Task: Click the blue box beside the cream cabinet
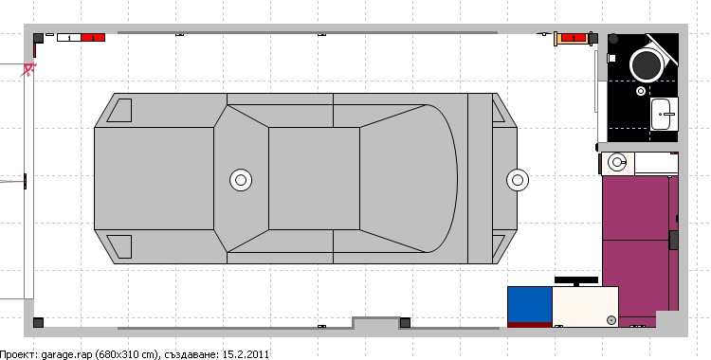(x=530, y=304)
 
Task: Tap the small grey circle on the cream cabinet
(x=611, y=320)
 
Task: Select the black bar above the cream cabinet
(x=576, y=280)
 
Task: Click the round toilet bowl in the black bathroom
(x=647, y=65)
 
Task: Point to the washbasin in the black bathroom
(x=665, y=115)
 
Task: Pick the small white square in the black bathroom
(x=611, y=58)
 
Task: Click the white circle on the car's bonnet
(x=241, y=180)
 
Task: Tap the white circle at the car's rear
(x=518, y=180)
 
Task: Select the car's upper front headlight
(x=119, y=110)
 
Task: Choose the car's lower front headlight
(x=119, y=246)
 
